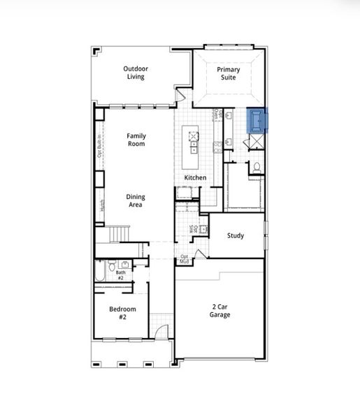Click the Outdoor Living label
coord(136,73)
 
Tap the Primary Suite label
coord(229,73)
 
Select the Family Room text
coord(136,140)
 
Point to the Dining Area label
coord(136,201)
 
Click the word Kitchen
coord(195,178)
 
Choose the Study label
coord(236,236)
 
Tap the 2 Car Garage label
coord(220,311)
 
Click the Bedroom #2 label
coord(122,313)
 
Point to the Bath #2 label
coord(120,275)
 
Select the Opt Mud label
coord(185,259)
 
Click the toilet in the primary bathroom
coord(257,167)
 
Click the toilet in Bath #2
coord(110,265)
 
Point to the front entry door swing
coord(161,335)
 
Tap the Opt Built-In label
coord(100,146)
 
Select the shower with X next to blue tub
coord(256,140)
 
